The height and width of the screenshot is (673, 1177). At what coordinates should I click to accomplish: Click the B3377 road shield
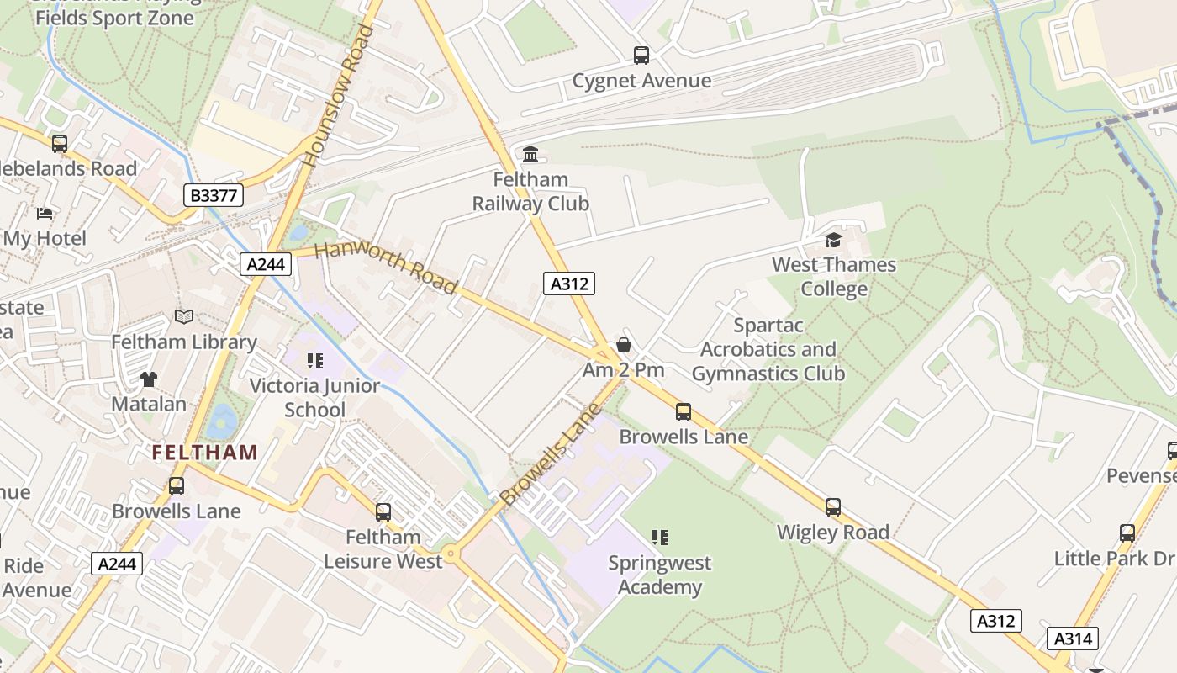pyautogui.click(x=214, y=196)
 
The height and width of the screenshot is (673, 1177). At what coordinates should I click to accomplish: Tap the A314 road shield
pyautogui.click(x=1073, y=639)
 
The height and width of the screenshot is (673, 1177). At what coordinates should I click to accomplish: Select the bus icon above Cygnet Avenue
pyautogui.click(x=641, y=56)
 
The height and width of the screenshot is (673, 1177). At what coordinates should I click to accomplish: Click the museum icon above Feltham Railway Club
pyautogui.click(x=530, y=154)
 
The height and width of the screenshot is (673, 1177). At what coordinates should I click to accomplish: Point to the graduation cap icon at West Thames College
pyautogui.click(x=833, y=240)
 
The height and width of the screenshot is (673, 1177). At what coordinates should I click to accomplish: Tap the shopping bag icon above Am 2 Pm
pyautogui.click(x=624, y=345)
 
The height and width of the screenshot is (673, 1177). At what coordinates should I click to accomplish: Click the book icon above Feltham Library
pyautogui.click(x=184, y=317)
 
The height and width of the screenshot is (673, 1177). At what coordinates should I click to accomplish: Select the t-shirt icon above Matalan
pyautogui.click(x=149, y=379)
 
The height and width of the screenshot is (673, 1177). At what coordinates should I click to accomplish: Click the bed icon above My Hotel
pyautogui.click(x=45, y=214)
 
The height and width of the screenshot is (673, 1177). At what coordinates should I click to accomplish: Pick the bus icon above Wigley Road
pyautogui.click(x=832, y=507)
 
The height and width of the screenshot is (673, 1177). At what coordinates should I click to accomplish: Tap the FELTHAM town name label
pyautogui.click(x=205, y=453)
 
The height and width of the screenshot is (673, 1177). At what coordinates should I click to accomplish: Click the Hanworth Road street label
pyautogui.click(x=386, y=268)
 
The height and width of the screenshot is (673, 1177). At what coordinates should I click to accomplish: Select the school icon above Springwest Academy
pyautogui.click(x=660, y=537)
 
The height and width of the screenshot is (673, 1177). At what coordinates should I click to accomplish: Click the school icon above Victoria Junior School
pyautogui.click(x=315, y=361)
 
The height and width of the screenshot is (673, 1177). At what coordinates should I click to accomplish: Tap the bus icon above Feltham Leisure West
pyautogui.click(x=383, y=511)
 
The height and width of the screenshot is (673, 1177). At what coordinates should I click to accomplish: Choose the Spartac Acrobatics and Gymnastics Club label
pyautogui.click(x=768, y=349)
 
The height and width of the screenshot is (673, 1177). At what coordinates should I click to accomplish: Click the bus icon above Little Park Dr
pyautogui.click(x=1127, y=533)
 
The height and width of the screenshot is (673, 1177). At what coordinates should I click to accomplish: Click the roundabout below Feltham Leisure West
pyautogui.click(x=451, y=554)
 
